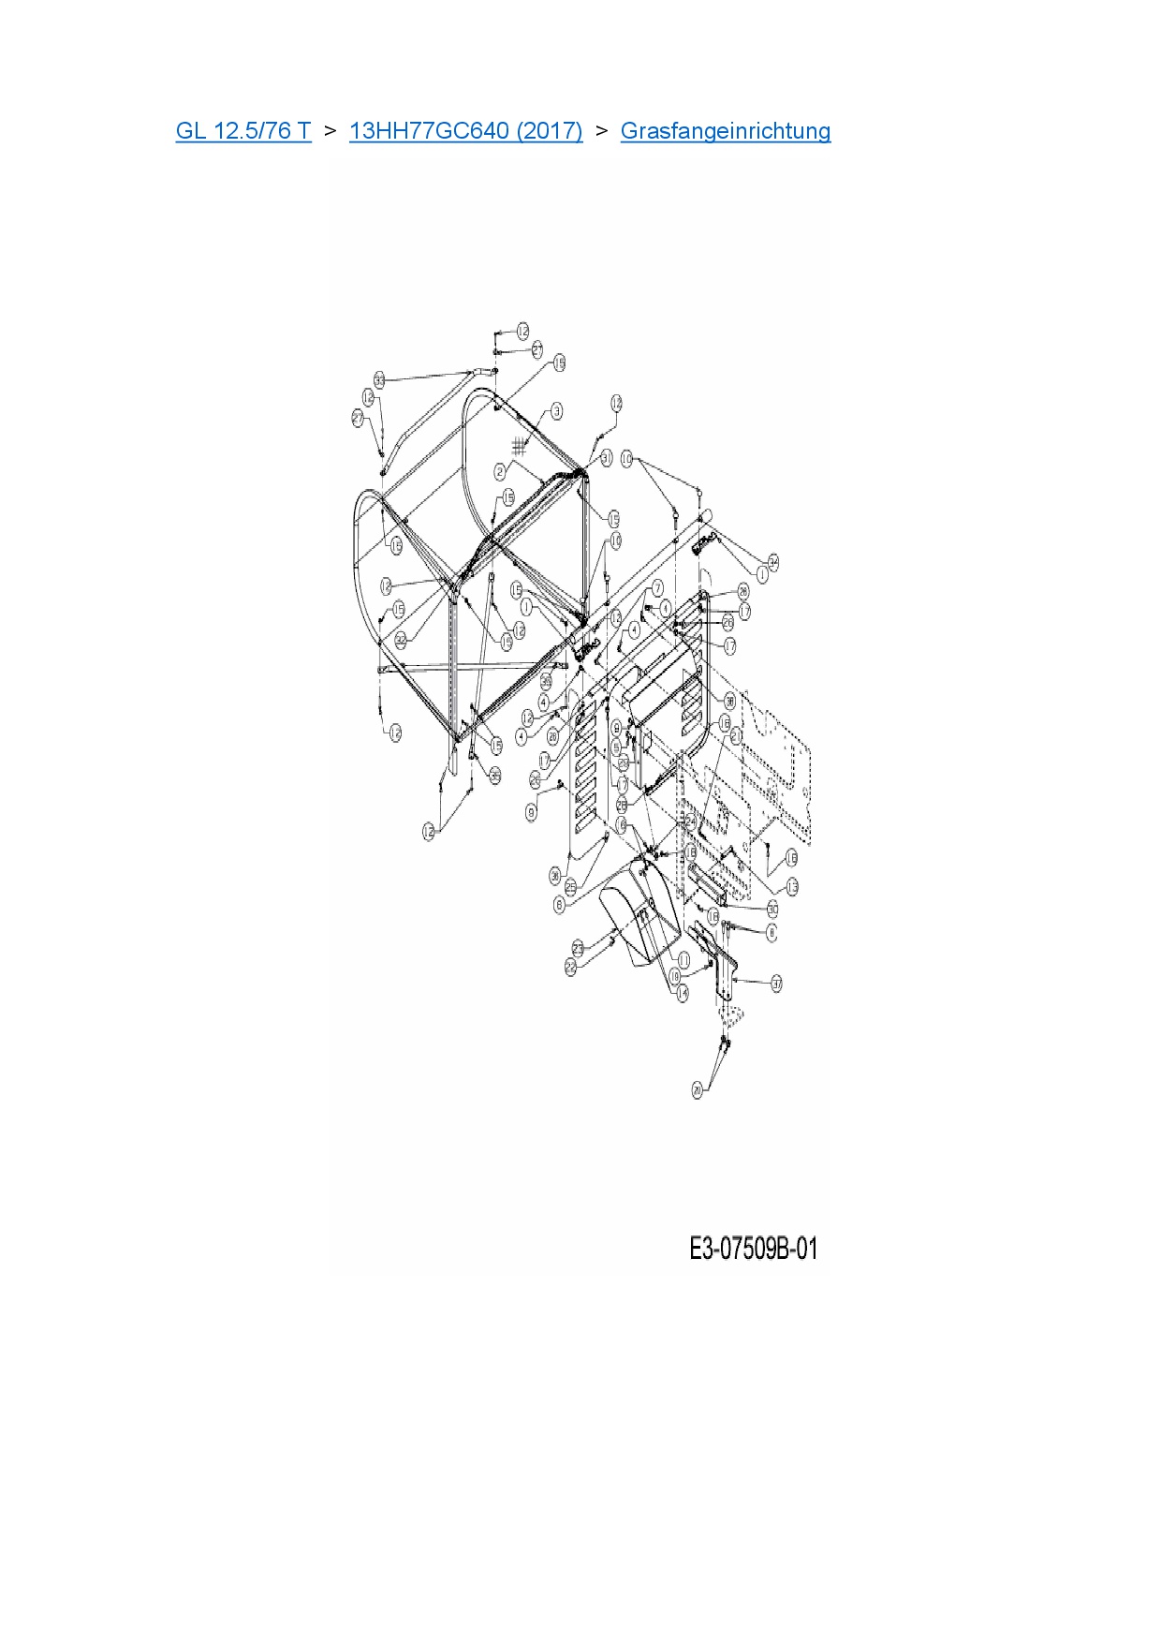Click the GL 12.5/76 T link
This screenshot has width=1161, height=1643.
pyautogui.click(x=242, y=130)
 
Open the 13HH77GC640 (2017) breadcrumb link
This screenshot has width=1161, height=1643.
pyautogui.click(x=465, y=130)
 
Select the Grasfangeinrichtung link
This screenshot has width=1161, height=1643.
pyautogui.click(x=725, y=130)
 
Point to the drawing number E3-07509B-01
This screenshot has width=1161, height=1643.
pyautogui.click(x=753, y=1249)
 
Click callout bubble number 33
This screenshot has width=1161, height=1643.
pyautogui.click(x=380, y=380)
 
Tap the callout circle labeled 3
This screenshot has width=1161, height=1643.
pyautogui.click(x=557, y=410)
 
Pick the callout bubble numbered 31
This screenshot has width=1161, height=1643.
pyautogui.click(x=606, y=458)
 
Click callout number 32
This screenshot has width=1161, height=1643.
pyautogui.click(x=401, y=639)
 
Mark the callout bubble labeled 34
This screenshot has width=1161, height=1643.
pyautogui.click(x=773, y=561)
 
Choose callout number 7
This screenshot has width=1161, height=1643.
pyautogui.click(x=657, y=587)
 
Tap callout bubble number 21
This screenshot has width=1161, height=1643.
pyautogui.click(x=735, y=736)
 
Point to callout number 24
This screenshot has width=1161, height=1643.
pyautogui.click(x=690, y=820)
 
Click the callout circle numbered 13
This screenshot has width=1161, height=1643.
pyautogui.click(x=792, y=886)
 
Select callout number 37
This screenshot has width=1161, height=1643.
pyautogui.click(x=776, y=983)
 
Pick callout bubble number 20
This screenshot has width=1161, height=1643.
pyautogui.click(x=697, y=1090)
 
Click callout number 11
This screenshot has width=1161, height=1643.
pyautogui.click(x=683, y=960)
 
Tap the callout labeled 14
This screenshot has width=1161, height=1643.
pyautogui.click(x=683, y=992)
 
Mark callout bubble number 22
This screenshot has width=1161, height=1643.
pyautogui.click(x=571, y=969)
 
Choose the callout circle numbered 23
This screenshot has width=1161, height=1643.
pyautogui.click(x=578, y=950)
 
